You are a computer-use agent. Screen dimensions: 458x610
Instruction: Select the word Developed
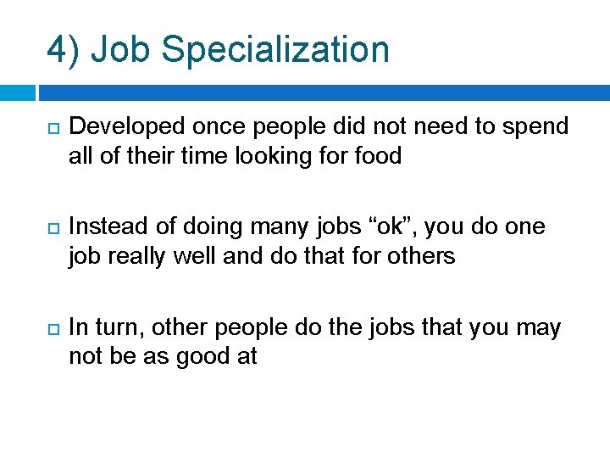[126, 127]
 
